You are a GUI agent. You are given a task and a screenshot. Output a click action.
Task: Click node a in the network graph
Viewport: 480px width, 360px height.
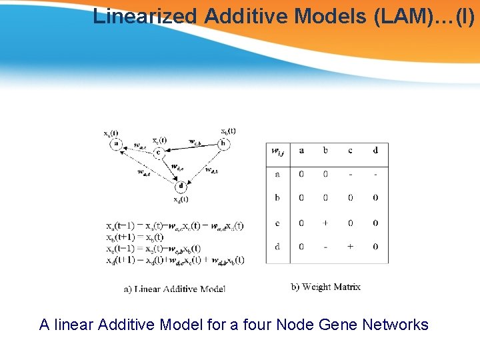click(117, 143)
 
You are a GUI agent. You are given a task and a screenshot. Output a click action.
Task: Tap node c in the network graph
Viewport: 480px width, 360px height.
click(158, 153)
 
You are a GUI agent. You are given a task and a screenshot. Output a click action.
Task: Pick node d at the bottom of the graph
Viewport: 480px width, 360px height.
click(181, 187)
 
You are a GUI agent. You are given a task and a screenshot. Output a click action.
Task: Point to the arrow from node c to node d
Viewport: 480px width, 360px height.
click(169, 169)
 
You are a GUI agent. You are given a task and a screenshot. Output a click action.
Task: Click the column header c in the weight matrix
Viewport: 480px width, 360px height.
click(350, 151)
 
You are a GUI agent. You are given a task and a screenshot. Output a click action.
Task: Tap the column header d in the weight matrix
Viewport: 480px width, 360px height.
click(375, 151)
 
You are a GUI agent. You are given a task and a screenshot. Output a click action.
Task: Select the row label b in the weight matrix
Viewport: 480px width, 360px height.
click(277, 198)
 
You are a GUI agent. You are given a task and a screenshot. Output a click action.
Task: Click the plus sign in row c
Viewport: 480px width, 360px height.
click(325, 223)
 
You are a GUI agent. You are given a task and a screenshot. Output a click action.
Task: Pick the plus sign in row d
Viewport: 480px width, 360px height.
click(350, 247)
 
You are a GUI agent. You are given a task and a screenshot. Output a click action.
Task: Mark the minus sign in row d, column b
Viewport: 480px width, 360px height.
click(325, 247)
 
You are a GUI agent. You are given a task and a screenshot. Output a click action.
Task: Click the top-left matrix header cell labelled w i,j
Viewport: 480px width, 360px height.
click(277, 152)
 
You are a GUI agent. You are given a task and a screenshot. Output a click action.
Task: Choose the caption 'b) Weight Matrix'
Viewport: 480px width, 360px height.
click(326, 287)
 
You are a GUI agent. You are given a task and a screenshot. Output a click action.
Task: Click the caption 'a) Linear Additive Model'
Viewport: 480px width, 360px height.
click(175, 289)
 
